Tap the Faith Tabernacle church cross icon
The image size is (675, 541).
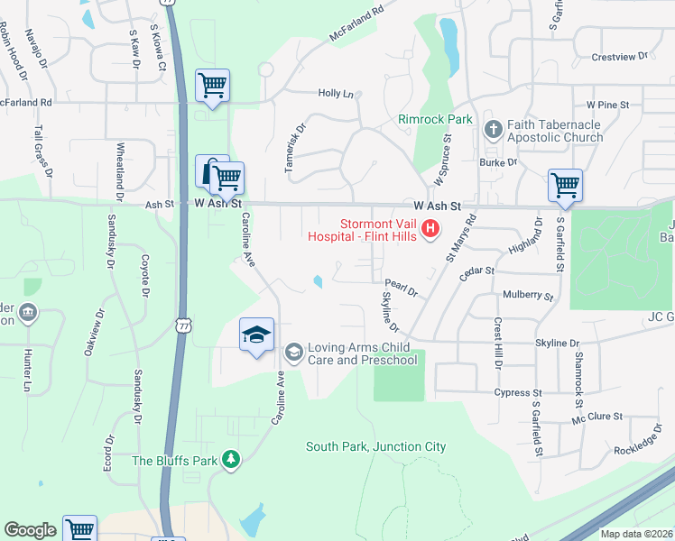click(x=493, y=129)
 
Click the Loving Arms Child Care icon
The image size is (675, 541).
click(x=293, y=351)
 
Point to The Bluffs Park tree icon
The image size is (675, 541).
click(x=232, y=460)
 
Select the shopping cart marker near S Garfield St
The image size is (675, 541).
click(x=565, y=185)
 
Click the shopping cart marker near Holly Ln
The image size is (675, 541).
click(x=212, y=86)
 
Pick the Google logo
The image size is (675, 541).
click(x=30, y=530)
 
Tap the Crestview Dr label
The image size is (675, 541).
click(x=620, y=57)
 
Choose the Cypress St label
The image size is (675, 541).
click(x=517, y=393)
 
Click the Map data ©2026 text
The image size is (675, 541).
click(x=635, y=534)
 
